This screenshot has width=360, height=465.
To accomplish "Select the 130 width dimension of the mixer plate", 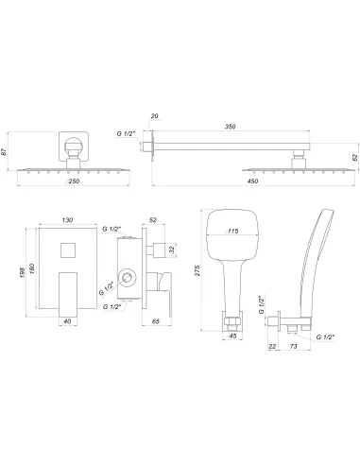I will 67,219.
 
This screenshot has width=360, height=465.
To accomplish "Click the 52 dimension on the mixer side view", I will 153,219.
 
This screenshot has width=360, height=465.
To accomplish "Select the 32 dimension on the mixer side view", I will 170,250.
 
